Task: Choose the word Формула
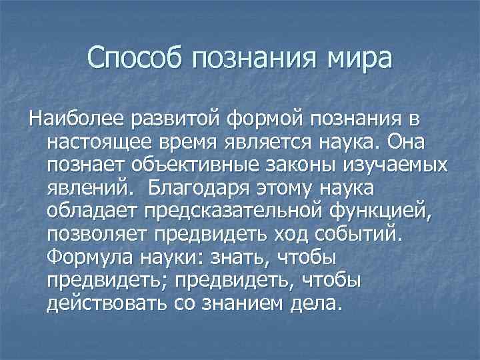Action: [x=88, y=257]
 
